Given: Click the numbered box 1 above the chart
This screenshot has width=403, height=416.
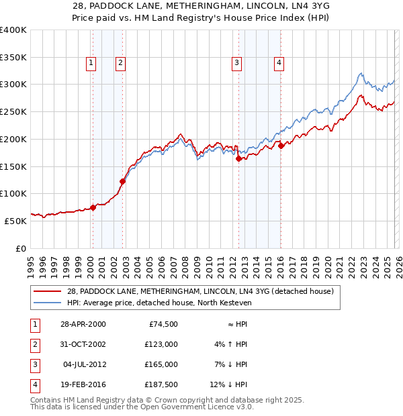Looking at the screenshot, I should [x=91, y=63].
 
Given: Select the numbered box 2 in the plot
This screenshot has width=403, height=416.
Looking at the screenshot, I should [x=120, y=63].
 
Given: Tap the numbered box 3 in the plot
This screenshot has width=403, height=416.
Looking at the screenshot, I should [x=237, y=63].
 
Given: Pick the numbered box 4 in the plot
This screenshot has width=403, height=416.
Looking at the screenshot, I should [x=278, y=63].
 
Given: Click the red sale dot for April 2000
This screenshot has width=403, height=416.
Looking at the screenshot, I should [x=93, y=207].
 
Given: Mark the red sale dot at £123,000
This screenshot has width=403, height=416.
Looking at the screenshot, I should [x=123, y=181].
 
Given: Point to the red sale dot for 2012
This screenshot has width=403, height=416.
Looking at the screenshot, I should [x=238, y=158].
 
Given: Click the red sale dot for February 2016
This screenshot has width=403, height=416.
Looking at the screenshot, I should [x=281, y=146].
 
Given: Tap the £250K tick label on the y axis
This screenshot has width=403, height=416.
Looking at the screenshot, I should [x=13, y=111].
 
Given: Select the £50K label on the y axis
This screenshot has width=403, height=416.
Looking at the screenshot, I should [x=15, y=220].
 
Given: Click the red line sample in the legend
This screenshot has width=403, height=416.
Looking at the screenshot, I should [x=47, y=291].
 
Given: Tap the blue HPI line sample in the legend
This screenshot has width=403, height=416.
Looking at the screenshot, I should [x=47, y=303].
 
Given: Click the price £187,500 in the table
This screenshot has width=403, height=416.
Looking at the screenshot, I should [x=161, y=384].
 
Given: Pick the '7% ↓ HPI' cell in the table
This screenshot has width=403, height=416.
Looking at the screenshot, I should [x=228, y=364].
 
